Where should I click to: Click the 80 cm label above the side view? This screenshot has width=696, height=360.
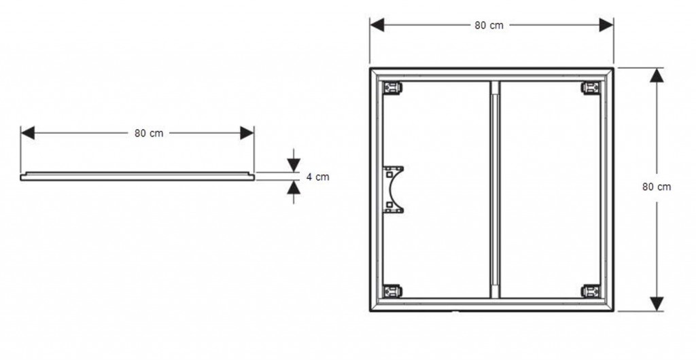149,133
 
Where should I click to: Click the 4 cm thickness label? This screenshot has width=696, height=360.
318,177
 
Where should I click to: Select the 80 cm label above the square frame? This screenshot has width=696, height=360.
489,25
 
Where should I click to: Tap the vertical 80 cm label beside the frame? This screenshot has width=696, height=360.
657,187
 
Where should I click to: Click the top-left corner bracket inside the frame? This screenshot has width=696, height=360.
392,88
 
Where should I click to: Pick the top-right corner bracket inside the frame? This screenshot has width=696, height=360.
591,88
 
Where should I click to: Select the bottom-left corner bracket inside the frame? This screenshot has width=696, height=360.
392,291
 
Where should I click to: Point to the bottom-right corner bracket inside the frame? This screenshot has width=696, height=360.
591,291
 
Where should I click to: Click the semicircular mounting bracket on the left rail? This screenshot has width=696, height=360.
393,190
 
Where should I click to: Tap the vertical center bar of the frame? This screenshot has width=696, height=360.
495,190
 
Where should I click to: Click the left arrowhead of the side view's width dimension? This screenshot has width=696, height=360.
27,133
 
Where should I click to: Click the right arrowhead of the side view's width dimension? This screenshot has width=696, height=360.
247,133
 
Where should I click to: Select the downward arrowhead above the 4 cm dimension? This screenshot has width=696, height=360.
294,165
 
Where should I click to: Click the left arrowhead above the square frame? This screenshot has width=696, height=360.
377,25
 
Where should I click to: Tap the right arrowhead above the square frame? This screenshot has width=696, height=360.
606,25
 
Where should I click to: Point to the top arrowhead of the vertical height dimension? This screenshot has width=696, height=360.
657,75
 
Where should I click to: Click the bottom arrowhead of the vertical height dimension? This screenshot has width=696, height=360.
657,304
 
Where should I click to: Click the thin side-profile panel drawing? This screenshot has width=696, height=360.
137,177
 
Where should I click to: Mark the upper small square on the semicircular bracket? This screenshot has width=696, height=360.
389,175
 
